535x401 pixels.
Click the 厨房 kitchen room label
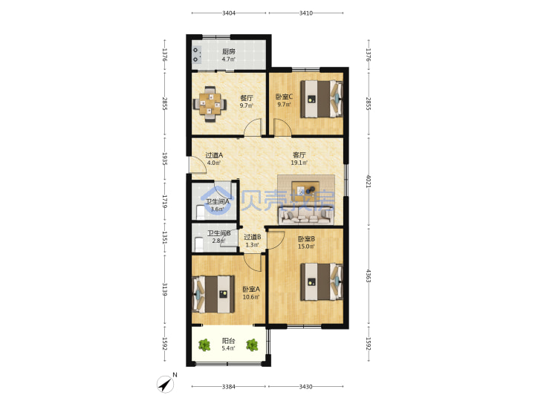click(229, 51)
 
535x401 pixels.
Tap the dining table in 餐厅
click(210, 104)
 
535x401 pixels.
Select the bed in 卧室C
click(322, 99)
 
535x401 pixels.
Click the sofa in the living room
click(305, 216)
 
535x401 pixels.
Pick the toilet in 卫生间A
click(201, 212)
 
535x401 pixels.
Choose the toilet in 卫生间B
click(198, 244)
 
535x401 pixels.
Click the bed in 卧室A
click(213, 294)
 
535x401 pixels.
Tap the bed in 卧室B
click(322, 281)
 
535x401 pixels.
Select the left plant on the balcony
click(204, 345)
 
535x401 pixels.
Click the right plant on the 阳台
click(252, 345)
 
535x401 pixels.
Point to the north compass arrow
click(166, 385)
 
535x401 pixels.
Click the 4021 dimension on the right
click(368, 181)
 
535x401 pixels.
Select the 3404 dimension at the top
click(229, 13)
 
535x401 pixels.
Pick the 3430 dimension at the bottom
click(305, 387)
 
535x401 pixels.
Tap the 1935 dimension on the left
click(164, 159)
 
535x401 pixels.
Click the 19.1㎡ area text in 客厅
click(299, 163)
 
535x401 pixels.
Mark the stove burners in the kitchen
click(196, 54)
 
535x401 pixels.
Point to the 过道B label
click(253, 237)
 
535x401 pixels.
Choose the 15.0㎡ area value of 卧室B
click(306, 247)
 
